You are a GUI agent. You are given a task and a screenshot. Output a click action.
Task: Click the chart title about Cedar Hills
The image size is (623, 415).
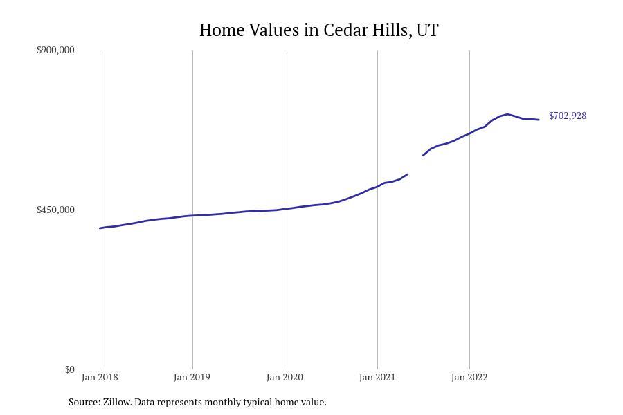[318, 30]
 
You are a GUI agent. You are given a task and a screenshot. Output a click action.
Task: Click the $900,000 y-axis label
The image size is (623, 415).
[55, 50]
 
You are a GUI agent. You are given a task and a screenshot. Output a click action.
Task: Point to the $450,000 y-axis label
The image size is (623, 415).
[55, 210]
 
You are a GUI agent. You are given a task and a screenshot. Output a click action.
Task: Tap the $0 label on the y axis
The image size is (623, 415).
[69, 369]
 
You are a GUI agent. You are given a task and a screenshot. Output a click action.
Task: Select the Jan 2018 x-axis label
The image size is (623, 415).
[100, 377]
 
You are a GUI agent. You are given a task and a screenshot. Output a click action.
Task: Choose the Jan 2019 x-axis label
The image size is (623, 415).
[192, 377]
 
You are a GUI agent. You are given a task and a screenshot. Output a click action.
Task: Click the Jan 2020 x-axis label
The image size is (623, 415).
[285, 377]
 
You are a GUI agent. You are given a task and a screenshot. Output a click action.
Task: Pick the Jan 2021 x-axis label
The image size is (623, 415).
[377, 377]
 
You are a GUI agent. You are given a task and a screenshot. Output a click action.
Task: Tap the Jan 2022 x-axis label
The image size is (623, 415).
[469, 377]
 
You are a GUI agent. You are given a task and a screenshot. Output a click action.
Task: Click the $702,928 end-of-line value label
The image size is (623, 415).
[568, 116]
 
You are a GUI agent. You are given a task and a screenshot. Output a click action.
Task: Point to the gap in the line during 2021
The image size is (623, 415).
[415, 165]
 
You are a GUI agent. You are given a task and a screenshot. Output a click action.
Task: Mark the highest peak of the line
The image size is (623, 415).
[507, 114]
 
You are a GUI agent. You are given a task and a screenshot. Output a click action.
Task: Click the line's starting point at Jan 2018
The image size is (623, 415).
[100, 228]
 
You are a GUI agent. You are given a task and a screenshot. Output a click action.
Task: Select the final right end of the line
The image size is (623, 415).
[539, 120]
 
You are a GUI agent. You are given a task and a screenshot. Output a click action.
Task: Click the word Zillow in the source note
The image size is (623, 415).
[116, 402]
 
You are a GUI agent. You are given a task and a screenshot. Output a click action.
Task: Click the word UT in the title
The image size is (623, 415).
[427, 30]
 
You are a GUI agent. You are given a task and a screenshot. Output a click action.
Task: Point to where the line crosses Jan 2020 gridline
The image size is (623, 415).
[285, 209]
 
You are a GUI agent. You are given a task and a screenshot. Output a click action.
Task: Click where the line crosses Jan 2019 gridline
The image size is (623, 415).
[192, 216]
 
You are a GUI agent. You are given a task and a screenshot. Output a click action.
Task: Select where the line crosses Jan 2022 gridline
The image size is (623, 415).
[469, 133]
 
